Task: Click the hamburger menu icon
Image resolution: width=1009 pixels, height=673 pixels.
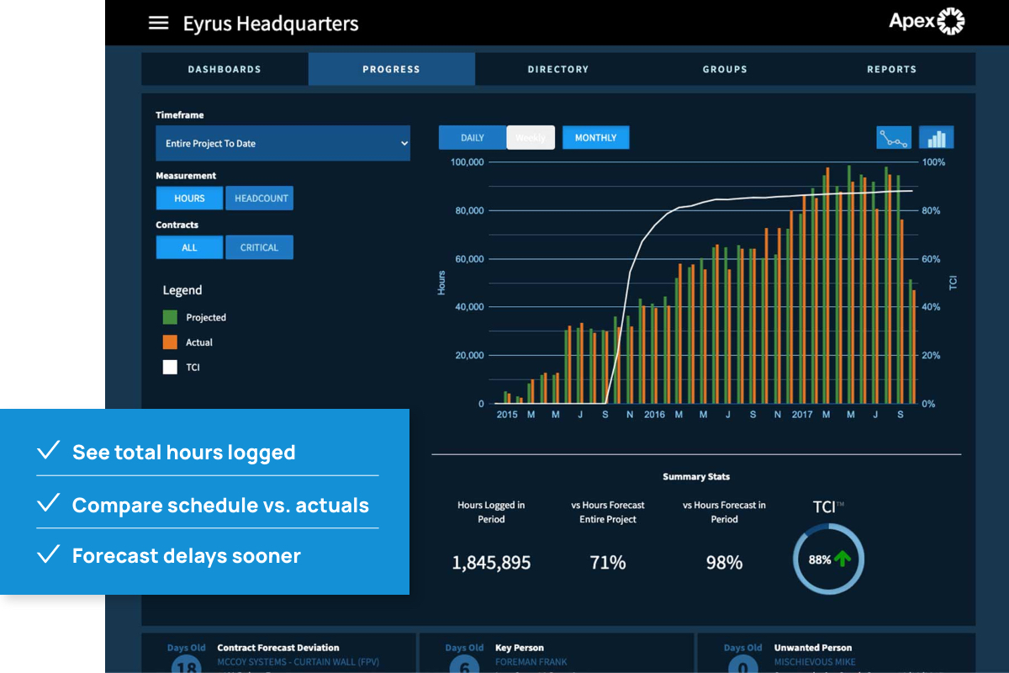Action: [x=158, y=24]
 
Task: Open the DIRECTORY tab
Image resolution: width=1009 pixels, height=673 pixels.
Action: [x=558, y=69]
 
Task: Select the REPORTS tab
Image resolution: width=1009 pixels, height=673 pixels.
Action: [x=891, y=69]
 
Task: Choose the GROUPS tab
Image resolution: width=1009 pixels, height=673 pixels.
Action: [x=725, y=69]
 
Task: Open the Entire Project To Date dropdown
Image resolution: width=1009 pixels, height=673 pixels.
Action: [x=283, y=144]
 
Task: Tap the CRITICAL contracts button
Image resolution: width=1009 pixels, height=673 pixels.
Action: [x=259, y=247]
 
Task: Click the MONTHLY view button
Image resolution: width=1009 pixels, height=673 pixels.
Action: [x=595, y=137]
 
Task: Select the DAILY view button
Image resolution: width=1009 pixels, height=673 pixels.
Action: [x=473, y=137]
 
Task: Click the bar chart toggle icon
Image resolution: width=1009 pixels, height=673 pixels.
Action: [x=936, y=137]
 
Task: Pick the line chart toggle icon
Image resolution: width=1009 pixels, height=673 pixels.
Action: [x=894, y=137]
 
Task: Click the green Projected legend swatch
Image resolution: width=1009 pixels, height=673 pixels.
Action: [x=171, y=317]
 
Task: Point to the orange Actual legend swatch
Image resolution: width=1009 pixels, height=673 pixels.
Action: [x=171, y=342]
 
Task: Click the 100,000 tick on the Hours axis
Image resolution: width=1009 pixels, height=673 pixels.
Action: [x=468, y=162]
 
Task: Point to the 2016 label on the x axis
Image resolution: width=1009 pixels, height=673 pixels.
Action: [x=654, y=415]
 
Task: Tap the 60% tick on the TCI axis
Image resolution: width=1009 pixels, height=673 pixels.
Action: [x=931, y=259]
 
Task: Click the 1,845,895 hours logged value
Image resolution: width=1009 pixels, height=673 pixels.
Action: [x=491, y=563]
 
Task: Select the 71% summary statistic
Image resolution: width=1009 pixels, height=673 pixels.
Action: [x=608, y=563]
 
